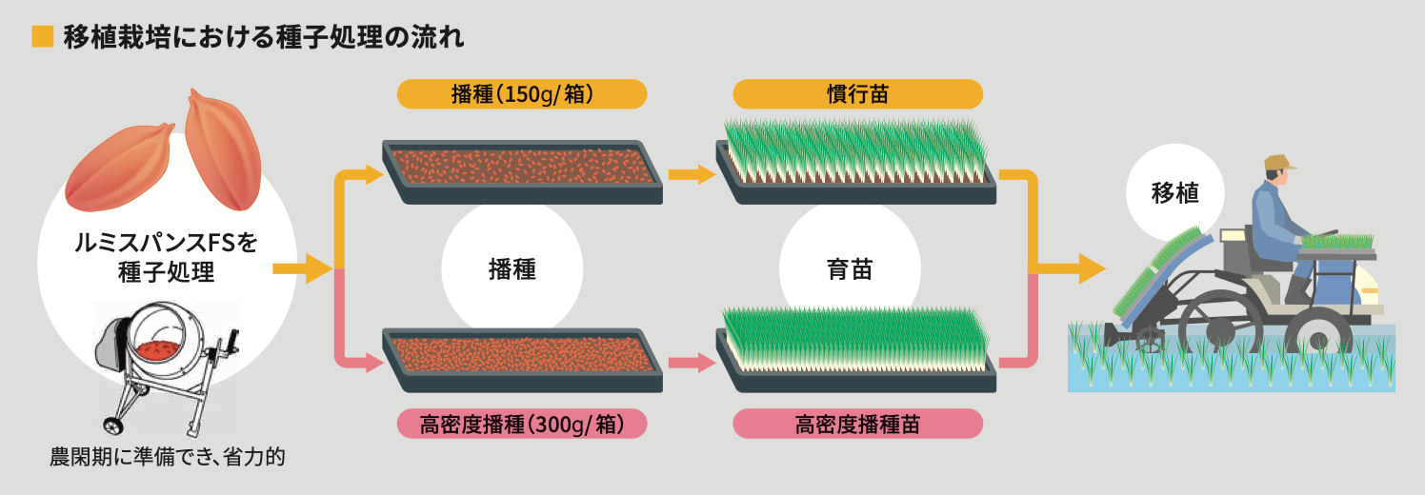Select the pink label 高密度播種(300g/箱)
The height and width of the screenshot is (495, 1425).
pyautogui.click(x=522, y=424)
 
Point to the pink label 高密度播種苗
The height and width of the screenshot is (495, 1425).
pyautogui.click(x=857, y=424)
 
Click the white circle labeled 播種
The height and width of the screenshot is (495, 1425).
pyautogui.click(x=512, y=269)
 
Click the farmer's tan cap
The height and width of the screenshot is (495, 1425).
pyautogui.click(x=1278, y=164)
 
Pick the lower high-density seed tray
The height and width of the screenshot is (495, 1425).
pyautogui.click(x=522, y=357)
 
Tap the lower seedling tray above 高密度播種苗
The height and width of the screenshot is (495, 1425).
pyautogui.click(x=855, y=345)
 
